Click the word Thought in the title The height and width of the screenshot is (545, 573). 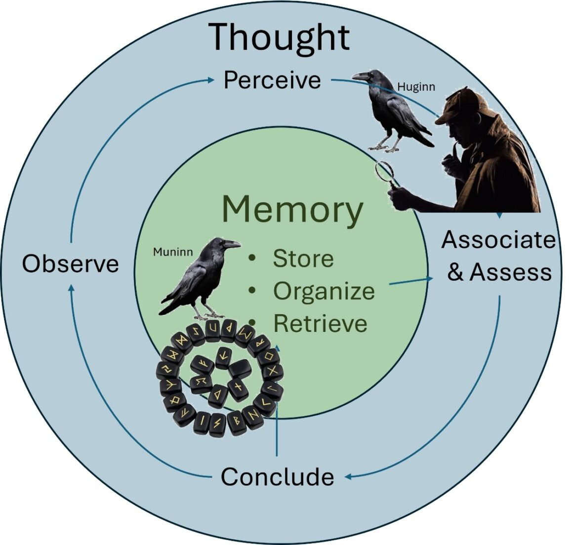[x=279, y=37]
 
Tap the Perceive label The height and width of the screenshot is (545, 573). [x=272, y=80]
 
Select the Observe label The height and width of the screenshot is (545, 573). [x=71, y=264]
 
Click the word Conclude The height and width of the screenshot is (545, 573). [x=277, y=476]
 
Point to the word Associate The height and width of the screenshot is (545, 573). [x=498, y=240]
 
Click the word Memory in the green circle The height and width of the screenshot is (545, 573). [x=292, y=210]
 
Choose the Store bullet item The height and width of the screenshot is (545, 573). [x=303, y=259]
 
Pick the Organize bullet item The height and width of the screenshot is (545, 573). [x=324, y=291]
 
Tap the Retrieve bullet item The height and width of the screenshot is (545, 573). [x=320, y=324]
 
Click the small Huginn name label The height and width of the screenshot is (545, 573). [x=416, y=87]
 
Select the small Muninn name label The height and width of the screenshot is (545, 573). [x=172, y=253]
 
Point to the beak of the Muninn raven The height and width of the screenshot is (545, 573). [x=233, y=244]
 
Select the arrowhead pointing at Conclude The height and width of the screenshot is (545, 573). [x=348, y=476]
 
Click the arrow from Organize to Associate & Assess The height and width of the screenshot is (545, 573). [x=411, y=281]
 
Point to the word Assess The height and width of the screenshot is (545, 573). [x=510, y=272]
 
